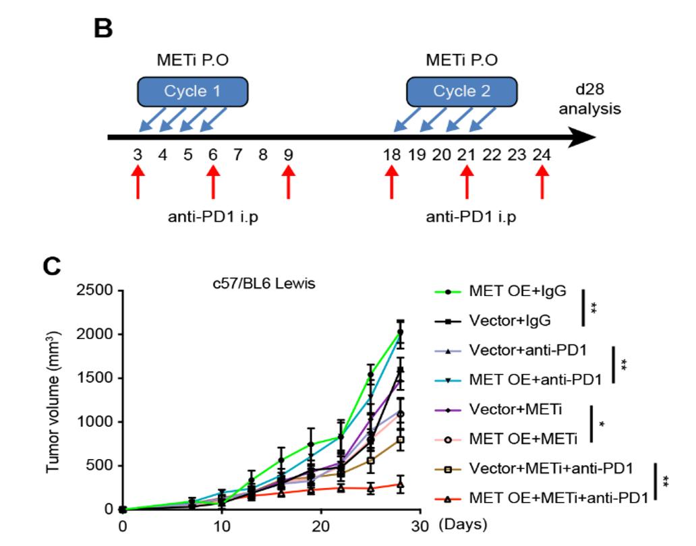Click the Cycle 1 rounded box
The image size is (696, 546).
pos(192,91)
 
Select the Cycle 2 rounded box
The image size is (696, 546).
pos(461,91)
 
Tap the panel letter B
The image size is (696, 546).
pos(103,28)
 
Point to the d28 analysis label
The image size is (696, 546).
pos(589,100)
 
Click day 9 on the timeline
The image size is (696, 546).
pos(289,155)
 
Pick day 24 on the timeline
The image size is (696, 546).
pos(542,155)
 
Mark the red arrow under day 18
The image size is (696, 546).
pos(391,183)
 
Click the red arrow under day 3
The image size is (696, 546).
pos(138,183)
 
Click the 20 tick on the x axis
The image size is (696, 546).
pos(322,525)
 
